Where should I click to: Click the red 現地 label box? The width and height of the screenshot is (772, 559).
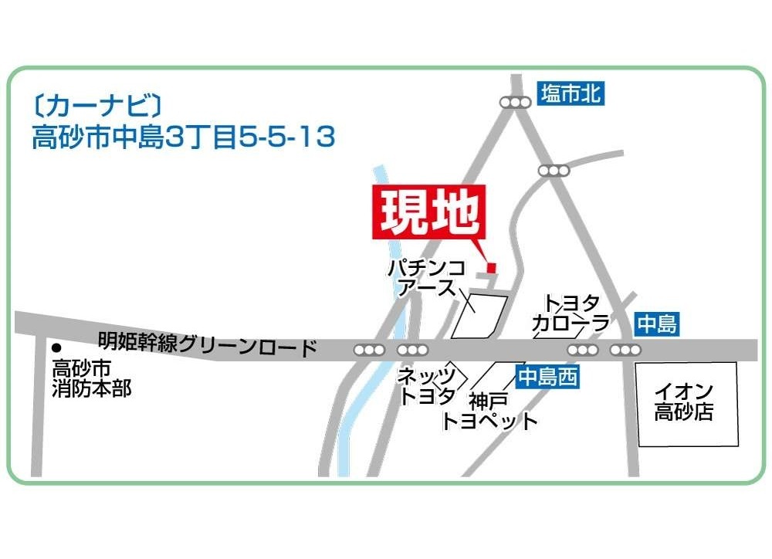pyautogui.click(x=430, y=211)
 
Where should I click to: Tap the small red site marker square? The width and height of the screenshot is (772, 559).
pyautogui.click(x=491, y=268)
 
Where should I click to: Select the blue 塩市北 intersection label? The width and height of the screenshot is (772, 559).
pyautogui.click(x=571, y=94)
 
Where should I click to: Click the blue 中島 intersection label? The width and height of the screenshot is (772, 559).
pyautogui.click(x=657, y=324)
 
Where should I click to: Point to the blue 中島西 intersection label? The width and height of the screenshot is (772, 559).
pyautogui.click(x=547, y=377)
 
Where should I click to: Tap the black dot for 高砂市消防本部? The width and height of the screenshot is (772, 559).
pyautogui.click(x=56, y=347)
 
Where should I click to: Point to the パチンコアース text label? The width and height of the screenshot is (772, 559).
pyautogui.click(x=426, y=278)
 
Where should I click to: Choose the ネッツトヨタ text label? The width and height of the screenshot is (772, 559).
pyautogui.click(x=426, y=387)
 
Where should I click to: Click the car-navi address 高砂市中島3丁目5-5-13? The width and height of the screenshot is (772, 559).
pyautogui.click(x=184, y=137)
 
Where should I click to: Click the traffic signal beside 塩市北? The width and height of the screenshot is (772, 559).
pyautogui.click(x=515, y=102)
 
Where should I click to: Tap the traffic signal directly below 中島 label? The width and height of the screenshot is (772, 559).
pyautogui.click(x=625, y=351)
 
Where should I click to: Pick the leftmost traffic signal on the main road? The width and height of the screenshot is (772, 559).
pyautogui.click(x=369, y=351)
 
